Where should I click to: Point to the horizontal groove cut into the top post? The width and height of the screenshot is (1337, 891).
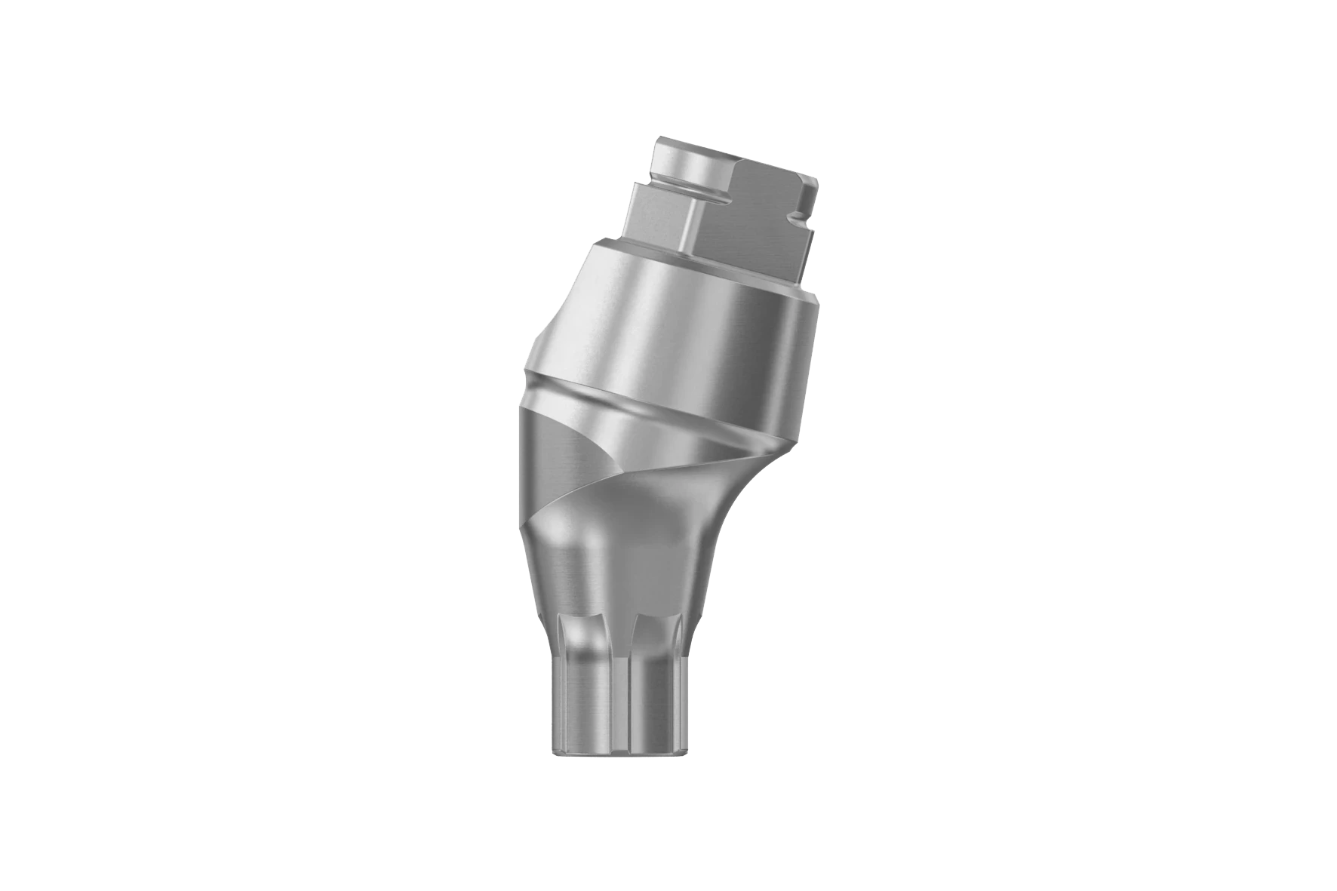click(679, 189)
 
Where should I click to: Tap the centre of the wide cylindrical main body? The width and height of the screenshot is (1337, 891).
click(679, 332)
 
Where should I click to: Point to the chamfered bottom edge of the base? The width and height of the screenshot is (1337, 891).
click(619, 754)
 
